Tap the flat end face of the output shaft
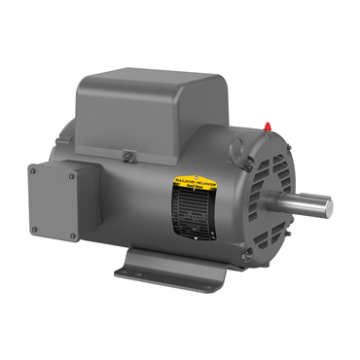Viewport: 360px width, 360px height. [x=326, y=206]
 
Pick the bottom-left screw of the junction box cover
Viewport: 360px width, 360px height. [x=37, y=230]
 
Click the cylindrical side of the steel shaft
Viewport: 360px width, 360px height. [x=302, y=204]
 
